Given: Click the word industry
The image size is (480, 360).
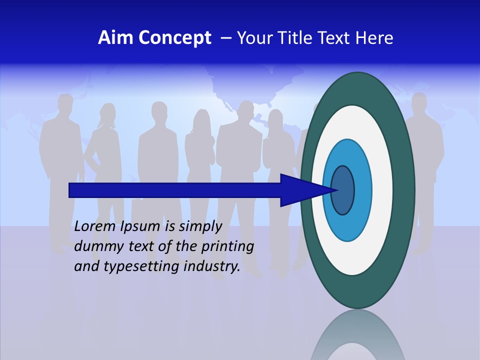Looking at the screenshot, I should (212, 267).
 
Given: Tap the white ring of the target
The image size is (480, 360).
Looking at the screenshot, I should (382, 190).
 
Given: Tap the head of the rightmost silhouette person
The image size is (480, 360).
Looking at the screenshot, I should (420, 102).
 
